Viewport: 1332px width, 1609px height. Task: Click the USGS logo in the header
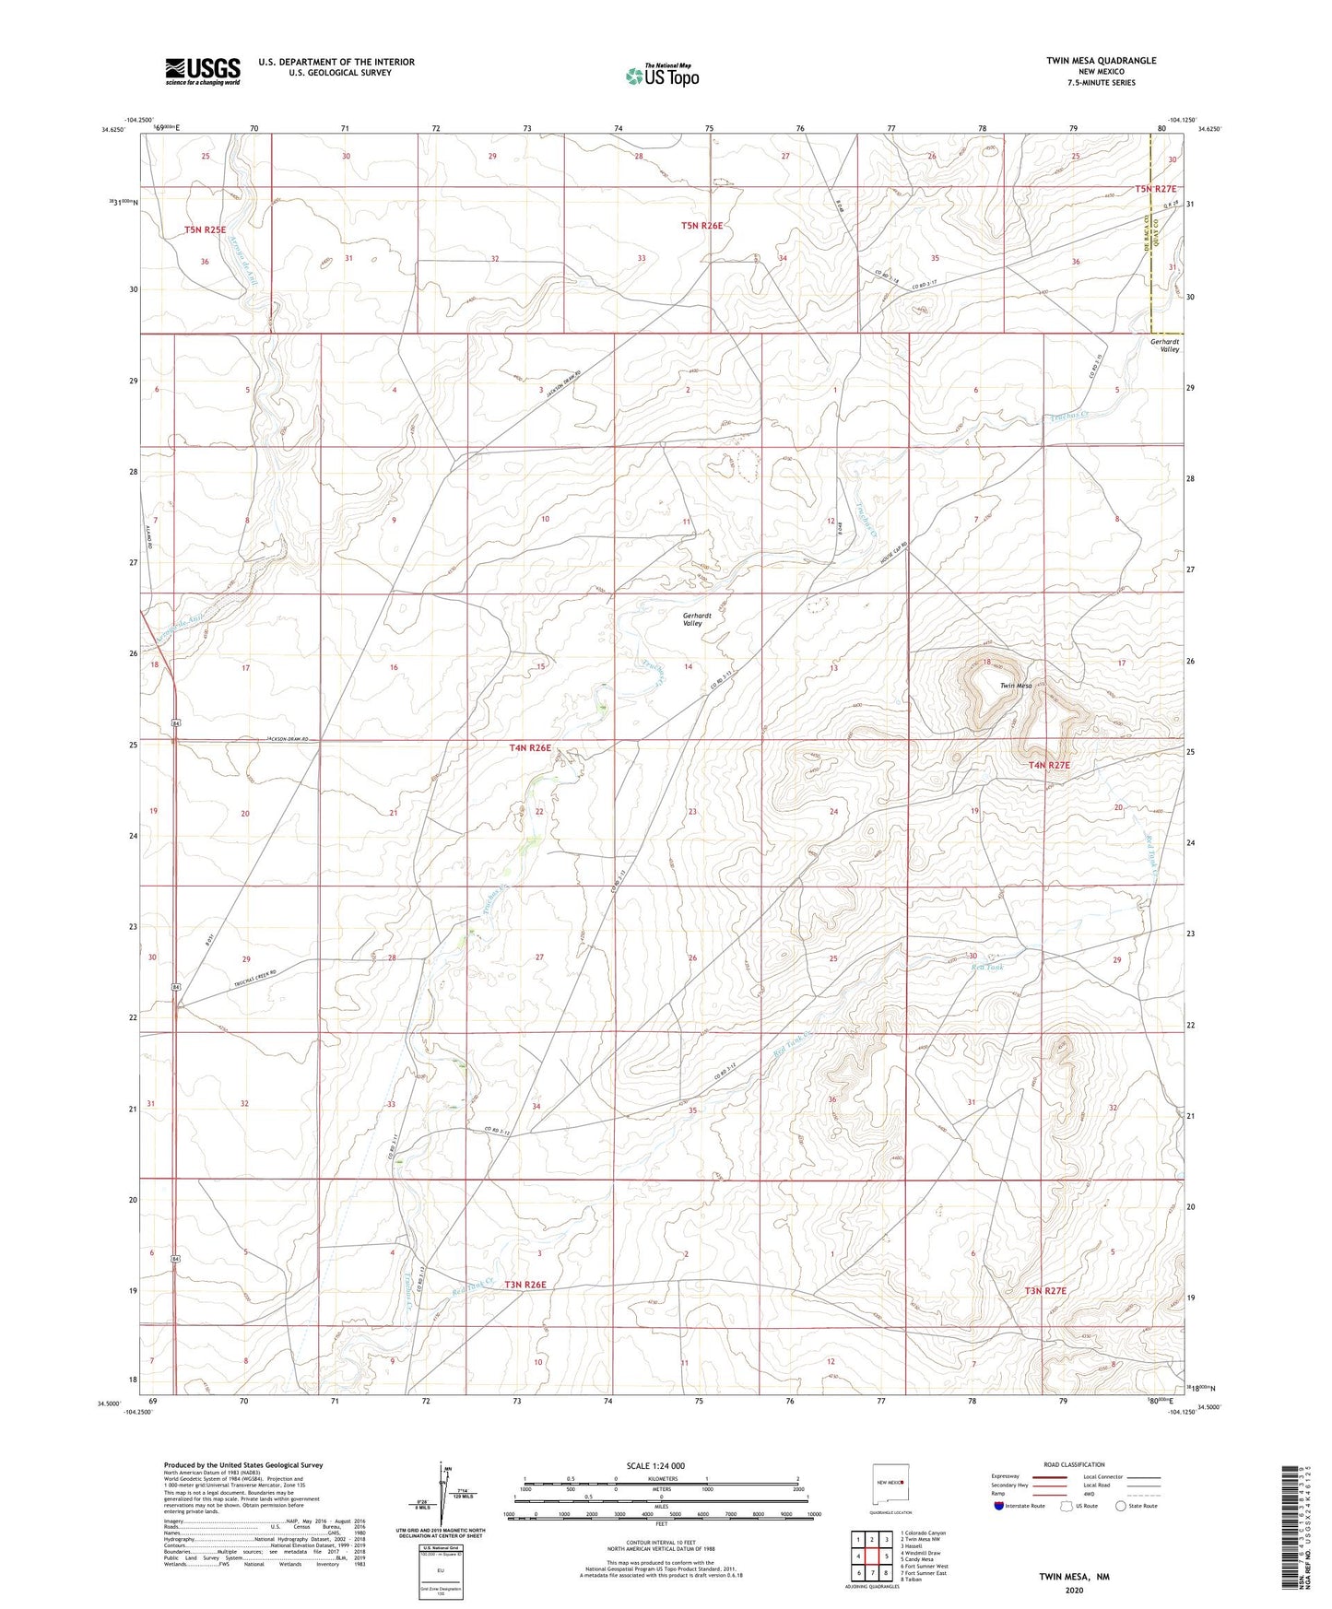pos(203,71)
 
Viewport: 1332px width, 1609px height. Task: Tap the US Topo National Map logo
pos(661,75)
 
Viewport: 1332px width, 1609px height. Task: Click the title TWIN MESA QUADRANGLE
pos(1101,61)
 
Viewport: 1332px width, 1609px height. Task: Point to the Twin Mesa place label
pos(1016,686)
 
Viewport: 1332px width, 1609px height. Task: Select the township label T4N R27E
pos(1049,765)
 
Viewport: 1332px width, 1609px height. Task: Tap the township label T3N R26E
pos(525,1285)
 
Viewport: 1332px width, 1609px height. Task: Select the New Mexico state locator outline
pos(891,1486)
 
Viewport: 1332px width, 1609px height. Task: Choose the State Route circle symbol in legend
pos(1121,1506)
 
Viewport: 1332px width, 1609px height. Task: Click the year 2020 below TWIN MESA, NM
pos(1074,1591)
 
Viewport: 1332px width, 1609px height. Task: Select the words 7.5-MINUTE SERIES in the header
pos(1101,83)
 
